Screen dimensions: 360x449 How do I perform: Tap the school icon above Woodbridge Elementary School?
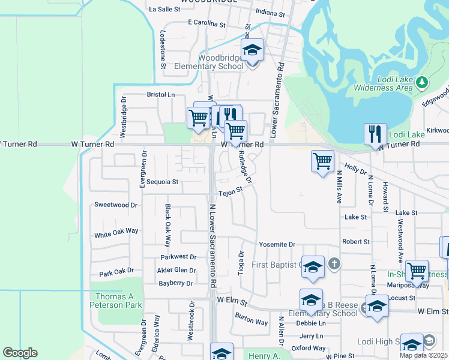(253, 50)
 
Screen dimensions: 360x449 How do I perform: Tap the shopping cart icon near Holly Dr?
(322, 161)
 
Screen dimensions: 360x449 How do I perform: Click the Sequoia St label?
(163, 181)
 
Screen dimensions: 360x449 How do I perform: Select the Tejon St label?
(230, 192)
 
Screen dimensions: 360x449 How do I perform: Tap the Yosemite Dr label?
(277, 245)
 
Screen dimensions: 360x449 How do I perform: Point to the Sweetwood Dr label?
(116, 205)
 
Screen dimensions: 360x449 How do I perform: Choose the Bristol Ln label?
(161, 95)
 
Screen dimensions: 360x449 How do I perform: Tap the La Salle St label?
(164, 10)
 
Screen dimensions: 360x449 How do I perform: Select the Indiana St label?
(270, 12)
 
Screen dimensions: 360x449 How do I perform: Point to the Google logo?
(20, 353)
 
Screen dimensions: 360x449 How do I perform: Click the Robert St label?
(356, 241)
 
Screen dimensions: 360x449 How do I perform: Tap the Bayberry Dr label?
(176, 283)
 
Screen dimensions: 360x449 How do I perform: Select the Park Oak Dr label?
(116, 272)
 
